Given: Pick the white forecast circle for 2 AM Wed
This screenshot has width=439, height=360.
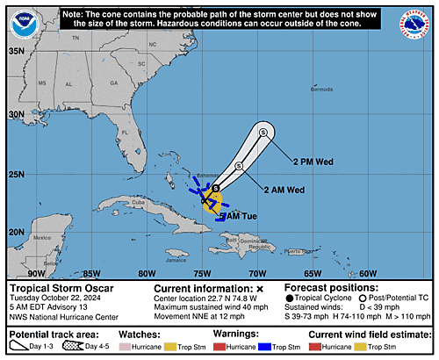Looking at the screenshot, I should click(239, 166).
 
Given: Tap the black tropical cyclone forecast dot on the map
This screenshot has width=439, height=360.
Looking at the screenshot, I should click(217, 189).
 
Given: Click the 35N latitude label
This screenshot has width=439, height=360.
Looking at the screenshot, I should click(15, 52).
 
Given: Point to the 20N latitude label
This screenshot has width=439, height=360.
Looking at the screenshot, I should click(15, 233).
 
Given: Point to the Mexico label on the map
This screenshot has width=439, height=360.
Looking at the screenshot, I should click(40, 237).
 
